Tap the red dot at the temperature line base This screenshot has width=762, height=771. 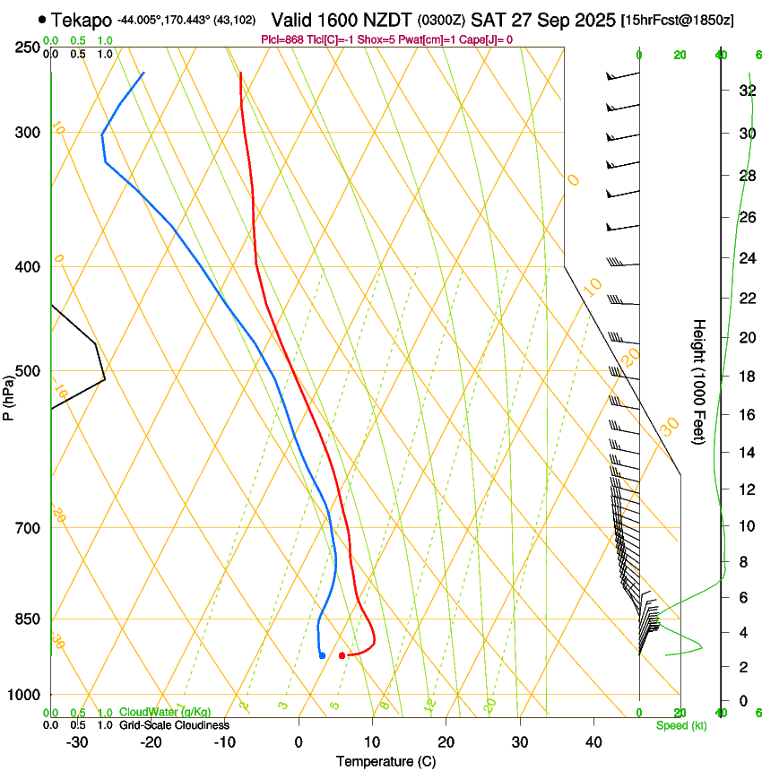[342, 655]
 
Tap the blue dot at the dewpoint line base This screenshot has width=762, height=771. [322, 655]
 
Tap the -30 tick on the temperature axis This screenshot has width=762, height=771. [77, 741]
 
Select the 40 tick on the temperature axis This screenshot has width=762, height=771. [593, 741]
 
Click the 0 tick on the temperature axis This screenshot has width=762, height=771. [299, 741]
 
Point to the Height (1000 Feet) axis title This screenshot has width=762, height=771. [699, 382]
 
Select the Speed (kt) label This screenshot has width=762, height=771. [680, 725]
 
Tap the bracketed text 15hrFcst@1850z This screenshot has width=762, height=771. [677, 20]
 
